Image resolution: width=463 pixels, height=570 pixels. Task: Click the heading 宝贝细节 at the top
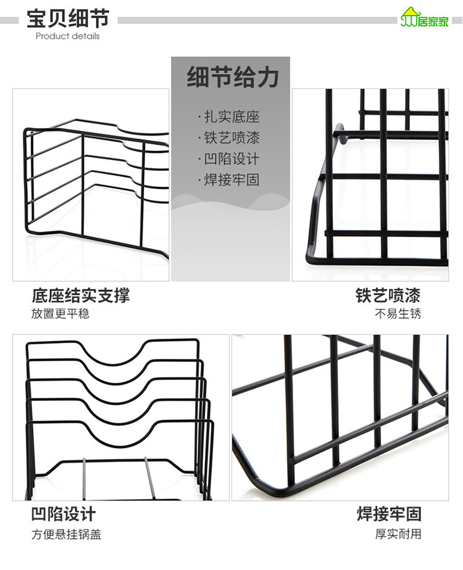pyautogui.click(x=68, y=19)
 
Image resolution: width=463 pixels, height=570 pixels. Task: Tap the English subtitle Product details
pyautogui.click(x=67, y=36)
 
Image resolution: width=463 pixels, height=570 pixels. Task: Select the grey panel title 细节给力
pyautogui.click(x=233, y=78)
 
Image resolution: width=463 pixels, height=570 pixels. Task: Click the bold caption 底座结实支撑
pyautogui.click(x=81, y=295)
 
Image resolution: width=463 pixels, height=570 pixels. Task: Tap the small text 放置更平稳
pyautogui.click(x=60, y=313)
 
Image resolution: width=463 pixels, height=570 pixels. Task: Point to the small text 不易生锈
pyautogui.click(x=398, y=313)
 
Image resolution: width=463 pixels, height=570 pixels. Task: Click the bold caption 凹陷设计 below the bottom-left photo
pyautogui.click(x=64, y=514)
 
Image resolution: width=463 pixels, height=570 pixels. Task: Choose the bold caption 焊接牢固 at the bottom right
pyautogui.click(x=389, y=514)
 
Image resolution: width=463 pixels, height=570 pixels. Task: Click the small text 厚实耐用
pyautogui.click(x=398, y=534)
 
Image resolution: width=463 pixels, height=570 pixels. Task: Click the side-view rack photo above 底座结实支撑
pyautogui.click(x=91, y=185)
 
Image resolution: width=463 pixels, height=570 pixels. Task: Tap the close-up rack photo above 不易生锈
pyautogui.click(x=370, y=185)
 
